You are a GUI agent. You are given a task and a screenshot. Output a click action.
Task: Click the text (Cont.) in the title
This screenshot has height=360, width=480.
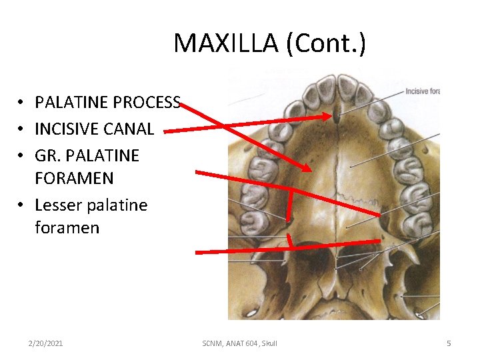click(x=325, y=44)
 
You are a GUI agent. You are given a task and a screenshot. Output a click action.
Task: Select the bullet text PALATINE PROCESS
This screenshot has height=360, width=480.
click(x=107, y=102)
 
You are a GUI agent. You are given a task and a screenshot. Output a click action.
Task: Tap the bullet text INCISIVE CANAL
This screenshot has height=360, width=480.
click(x=94, y=128)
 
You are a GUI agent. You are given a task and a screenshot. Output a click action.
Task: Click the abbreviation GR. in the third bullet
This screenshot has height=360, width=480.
click(x=47, y=155)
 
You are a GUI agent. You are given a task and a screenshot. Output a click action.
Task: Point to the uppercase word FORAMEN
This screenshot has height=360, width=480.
click(x=74, y=178)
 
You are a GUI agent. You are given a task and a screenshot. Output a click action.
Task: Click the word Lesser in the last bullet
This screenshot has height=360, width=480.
click(x=57, y=205)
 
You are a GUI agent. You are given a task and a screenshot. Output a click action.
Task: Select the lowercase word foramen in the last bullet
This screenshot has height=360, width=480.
click(x=67, y=227)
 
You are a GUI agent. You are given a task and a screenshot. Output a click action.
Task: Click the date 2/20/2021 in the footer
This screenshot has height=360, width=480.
click(x=45, y=343)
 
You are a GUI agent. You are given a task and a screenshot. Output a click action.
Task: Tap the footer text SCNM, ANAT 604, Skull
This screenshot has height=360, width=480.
click(x=239, y=343)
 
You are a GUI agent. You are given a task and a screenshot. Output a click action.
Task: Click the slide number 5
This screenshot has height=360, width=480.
click(x=449, y=343)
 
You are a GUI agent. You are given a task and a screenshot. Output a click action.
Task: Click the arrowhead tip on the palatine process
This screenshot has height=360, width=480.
click(x=307, y=169)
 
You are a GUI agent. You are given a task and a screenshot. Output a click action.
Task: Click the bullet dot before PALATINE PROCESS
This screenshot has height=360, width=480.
click(x=22, y=103)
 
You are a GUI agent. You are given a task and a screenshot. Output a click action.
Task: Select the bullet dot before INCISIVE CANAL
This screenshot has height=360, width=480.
click(x=22, y=129)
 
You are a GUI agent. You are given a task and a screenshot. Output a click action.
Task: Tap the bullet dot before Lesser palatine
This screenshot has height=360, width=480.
click(x=22, y=205)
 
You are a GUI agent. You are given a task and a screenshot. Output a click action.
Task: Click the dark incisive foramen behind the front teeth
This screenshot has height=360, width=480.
click(x=337, y=119)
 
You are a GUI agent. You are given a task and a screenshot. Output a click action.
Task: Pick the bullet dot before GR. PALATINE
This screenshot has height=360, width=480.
click(x=22, y=156)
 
